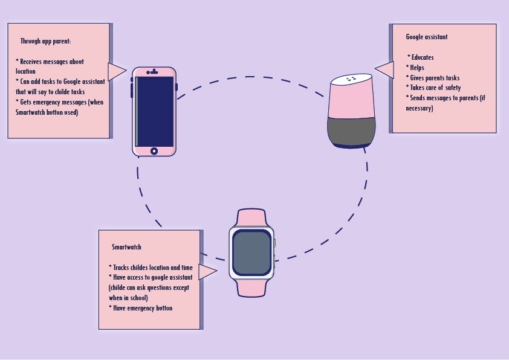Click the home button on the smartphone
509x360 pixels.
click(154, 150)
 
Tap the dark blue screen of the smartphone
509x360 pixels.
click(155, 111)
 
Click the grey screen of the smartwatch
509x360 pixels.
click(251, 252)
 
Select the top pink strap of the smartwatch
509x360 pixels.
click(251, 217)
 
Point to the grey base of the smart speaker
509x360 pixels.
click(350, 131)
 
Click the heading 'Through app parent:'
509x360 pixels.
click(45, 42)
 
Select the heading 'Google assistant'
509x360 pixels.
click(427, 37)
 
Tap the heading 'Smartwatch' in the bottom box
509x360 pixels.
click(126, 247)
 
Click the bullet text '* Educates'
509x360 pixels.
click(421, 57)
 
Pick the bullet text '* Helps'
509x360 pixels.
click(417, 68)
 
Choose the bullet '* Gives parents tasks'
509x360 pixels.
click(433, 78)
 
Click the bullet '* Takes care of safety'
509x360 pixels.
click(434, 88)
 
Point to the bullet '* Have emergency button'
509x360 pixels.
click(140, 308)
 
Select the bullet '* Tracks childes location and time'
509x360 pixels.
click(151, 267)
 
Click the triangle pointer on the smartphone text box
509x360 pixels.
click(117, 71)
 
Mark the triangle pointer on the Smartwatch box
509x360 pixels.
click(207, 272)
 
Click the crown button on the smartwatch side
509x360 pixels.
click(274, 243)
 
